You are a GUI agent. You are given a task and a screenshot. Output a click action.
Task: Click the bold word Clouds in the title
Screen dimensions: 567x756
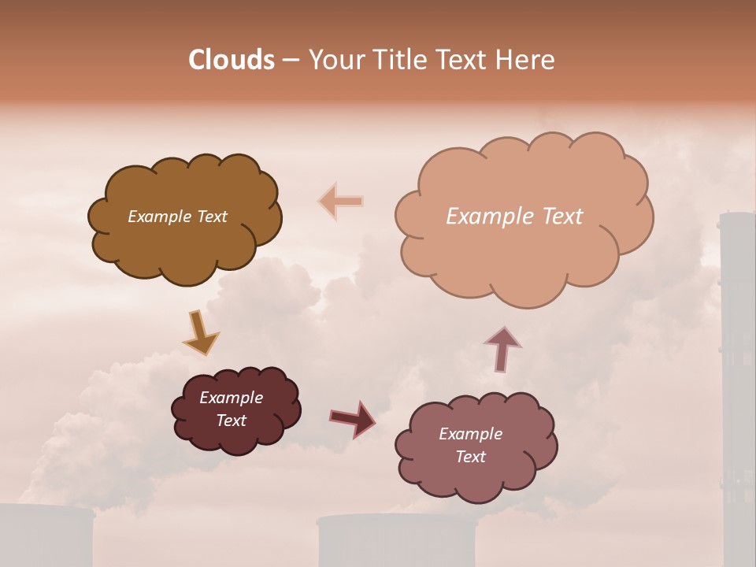tap(232, 60)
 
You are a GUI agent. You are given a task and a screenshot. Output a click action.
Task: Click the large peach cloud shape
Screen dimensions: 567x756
tap(524, 252)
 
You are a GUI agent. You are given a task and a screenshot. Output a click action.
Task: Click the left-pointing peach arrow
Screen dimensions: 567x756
tap(341, 202)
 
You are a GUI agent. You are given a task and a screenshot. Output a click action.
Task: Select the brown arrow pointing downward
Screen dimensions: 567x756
tap(200, 333)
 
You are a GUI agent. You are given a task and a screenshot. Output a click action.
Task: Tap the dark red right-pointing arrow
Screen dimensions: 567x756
tap(353, 418)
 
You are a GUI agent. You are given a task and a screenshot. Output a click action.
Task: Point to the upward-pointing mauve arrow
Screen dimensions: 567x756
tap(502, 349)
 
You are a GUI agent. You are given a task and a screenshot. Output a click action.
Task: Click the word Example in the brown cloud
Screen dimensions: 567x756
tap(157, 217)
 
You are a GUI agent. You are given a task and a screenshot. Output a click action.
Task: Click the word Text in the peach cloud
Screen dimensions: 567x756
tap(561, 217)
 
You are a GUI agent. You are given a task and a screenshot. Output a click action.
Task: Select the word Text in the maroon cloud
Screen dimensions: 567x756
tap(232, 421)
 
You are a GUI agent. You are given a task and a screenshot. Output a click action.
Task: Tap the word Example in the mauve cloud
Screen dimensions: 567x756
tap(470, 434)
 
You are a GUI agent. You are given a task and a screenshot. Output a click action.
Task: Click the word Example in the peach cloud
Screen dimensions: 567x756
tap(490, 217)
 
